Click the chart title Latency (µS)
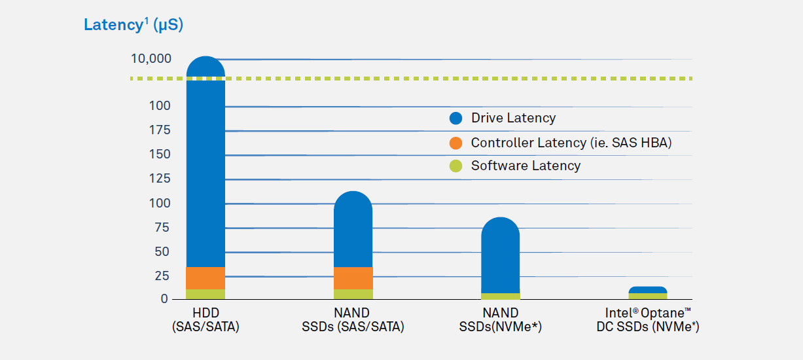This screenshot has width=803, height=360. pyautogui.click(x=134, y=26)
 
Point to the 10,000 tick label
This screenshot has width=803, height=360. pyautogui.click(x=151, y=59)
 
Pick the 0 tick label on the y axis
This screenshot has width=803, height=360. pyautogui.click(x=164, y=299)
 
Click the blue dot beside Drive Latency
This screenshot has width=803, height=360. pyautogui.click(x=456, y=118)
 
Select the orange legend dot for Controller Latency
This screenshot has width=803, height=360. pyautogui.click(x=456, y=143)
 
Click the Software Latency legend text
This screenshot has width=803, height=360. pyautogui.click(x=526, y=166)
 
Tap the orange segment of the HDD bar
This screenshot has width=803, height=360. pyautogui.click(x=205, y=278)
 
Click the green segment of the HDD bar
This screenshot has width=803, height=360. pyautogui.click(x=205, y=294)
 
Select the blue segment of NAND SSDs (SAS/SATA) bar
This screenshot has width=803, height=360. pyautogui.click(x=353, y=229)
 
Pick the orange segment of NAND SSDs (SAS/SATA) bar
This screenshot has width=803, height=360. pyautogui.click(x=353, y=278)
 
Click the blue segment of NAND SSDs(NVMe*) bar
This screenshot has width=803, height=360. pyautogui.click(x=500, y=255)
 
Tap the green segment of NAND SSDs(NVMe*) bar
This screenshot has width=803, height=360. pyautogui.click(x=500, y=296)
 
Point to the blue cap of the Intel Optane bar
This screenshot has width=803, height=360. pyautogui.click(x=648, y=289)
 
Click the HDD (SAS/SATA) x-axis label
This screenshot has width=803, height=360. pyautogui.click(x=205, y=319)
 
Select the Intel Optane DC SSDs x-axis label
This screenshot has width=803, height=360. pyautogui.click(x=647, y=319)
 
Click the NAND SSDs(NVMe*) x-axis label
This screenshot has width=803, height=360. pyautogui.click(x=500, y=319)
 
